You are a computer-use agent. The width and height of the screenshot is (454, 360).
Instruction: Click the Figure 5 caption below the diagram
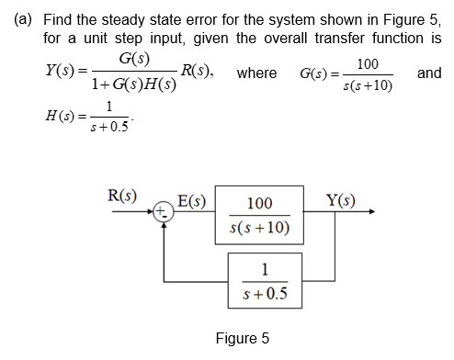(x=242, y=339)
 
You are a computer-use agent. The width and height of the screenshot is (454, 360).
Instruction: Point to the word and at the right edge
(x=428, y=73)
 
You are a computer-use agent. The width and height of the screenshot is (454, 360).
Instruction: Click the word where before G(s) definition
(x=257, y=73)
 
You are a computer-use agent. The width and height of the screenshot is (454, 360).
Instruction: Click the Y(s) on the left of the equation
(x=64, y=72)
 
